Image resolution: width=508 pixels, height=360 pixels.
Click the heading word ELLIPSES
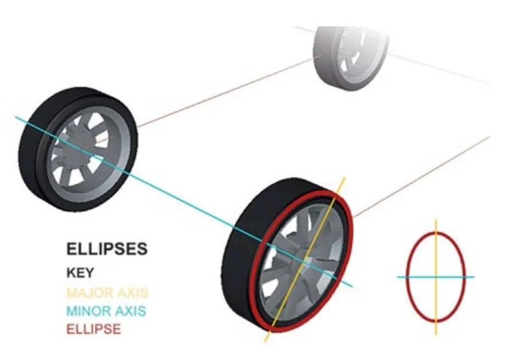click(107, 249)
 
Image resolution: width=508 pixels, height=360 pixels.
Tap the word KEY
click(80, 272)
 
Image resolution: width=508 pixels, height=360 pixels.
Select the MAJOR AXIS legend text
click(107, 292)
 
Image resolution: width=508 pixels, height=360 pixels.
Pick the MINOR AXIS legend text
click(106, 311)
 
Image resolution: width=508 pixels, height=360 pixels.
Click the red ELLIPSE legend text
click(94, 329)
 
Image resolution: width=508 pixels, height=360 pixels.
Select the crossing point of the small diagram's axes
click(436, 277)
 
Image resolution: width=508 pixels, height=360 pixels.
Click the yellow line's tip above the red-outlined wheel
click(345, 177)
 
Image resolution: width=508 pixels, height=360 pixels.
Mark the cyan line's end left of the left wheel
click(15, 117)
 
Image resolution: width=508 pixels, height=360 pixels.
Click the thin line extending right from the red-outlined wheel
click(421, 177)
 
